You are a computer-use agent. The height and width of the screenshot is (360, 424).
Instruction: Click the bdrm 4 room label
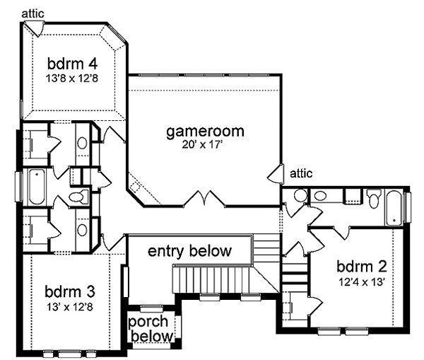tap(72, 64)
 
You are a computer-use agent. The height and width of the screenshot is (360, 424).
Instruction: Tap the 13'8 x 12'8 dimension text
tap(71, 79)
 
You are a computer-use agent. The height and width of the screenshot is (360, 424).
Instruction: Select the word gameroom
tap(205, 132)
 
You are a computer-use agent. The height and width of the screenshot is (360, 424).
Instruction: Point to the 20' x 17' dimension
tap(202, 145)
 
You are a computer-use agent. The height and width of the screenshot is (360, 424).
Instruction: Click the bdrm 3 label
tap(70, 292)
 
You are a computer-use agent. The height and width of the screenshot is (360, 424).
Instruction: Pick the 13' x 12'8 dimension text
tap(70, 307)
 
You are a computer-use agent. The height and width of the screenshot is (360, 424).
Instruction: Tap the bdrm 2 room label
tap(362, 267)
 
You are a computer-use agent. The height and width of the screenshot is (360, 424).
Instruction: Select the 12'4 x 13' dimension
tap(362, 282)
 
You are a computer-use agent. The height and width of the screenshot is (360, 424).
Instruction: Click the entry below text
tap(190, 250)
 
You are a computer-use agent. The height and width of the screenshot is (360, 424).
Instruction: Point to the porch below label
tap(151, 329)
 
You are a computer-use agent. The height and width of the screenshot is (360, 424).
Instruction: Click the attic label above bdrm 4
tap(33, 13)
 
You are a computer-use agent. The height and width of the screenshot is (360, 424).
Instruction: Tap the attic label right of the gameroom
tap(301, 173)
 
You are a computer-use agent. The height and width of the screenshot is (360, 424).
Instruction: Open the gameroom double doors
tap(205, 199)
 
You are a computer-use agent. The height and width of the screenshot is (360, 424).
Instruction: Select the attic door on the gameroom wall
tap(276, 174)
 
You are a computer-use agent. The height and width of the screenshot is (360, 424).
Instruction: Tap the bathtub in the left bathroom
tap(37, 187)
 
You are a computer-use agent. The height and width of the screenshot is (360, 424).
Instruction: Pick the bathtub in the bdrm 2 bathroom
tap(394, 208)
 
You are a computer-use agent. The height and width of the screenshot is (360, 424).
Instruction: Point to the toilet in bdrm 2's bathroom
tap(374, 199)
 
